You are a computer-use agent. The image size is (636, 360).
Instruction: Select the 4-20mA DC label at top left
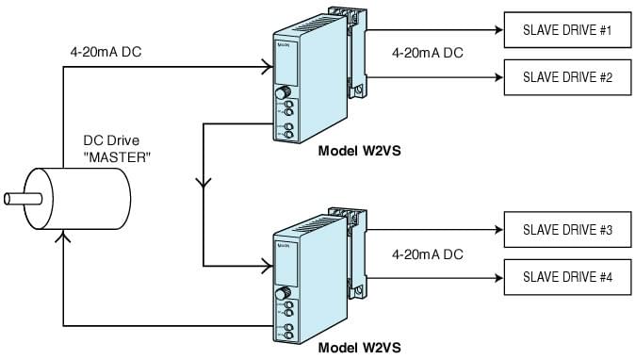click(x=106, y=53)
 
